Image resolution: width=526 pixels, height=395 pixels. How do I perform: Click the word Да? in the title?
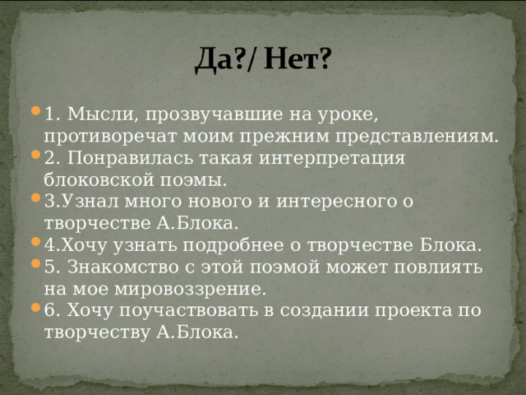click(217, 59)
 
